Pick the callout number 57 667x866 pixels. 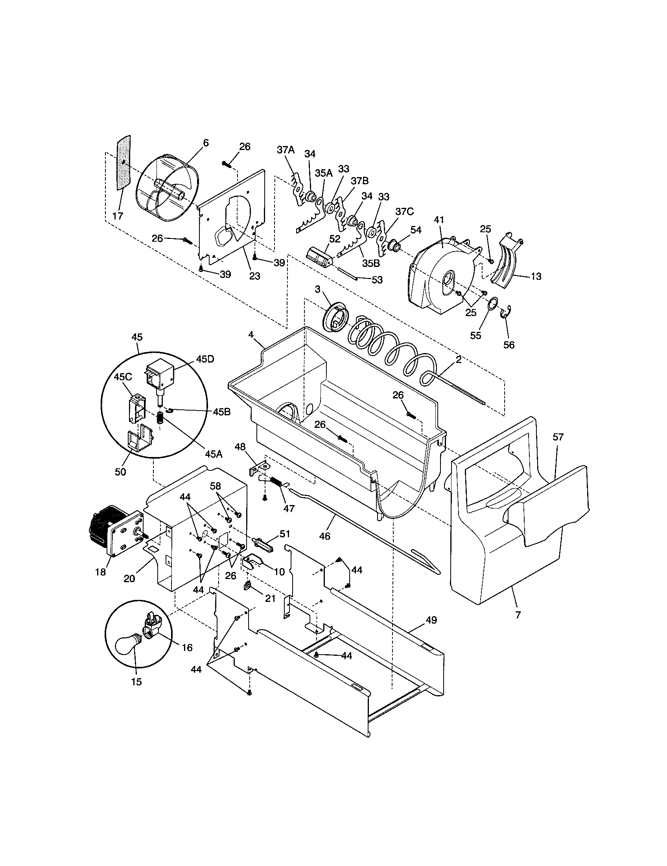pos(558,437)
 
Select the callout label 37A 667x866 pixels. pos(286,150)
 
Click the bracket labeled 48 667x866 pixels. pos(257,466)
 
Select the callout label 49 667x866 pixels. pos(431,620)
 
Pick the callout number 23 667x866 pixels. pos(254,276)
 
